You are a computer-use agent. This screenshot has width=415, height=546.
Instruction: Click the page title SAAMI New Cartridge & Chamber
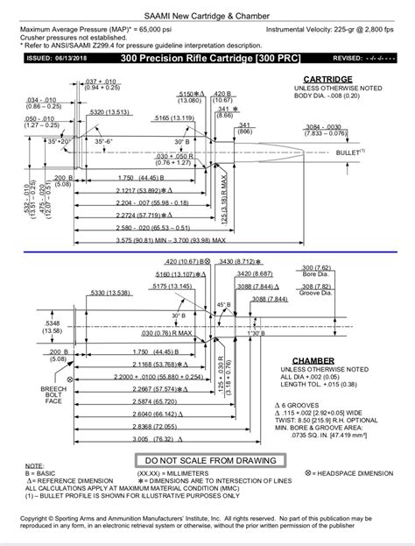(207, 16)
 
